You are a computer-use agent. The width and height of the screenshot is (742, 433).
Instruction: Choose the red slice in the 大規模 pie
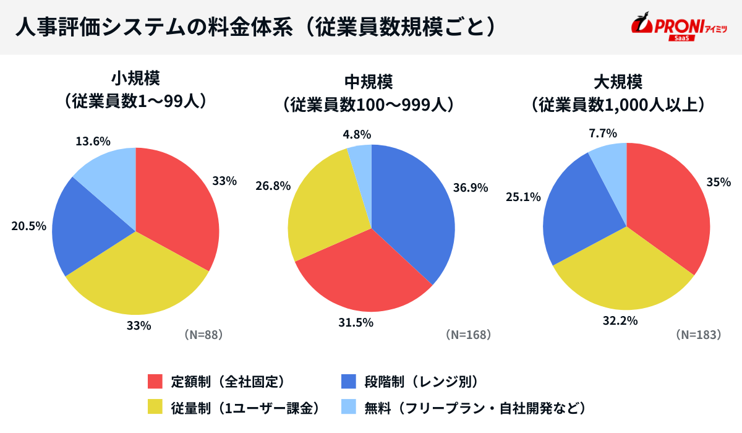tap(668, 210)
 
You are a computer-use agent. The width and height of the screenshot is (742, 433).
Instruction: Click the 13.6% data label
tap(93, 141)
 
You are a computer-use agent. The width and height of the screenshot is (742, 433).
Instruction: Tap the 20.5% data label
tap(29, 226)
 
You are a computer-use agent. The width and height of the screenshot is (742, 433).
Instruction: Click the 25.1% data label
tap(523, 197)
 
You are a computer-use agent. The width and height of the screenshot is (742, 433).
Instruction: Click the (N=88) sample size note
tap(203, 335)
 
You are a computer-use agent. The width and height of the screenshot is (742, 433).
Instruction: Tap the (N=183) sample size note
tap(699, 335)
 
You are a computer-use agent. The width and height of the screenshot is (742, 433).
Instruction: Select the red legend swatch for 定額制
tap(155, 381)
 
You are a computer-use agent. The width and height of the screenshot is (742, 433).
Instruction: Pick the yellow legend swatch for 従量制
tap(155, 407)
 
